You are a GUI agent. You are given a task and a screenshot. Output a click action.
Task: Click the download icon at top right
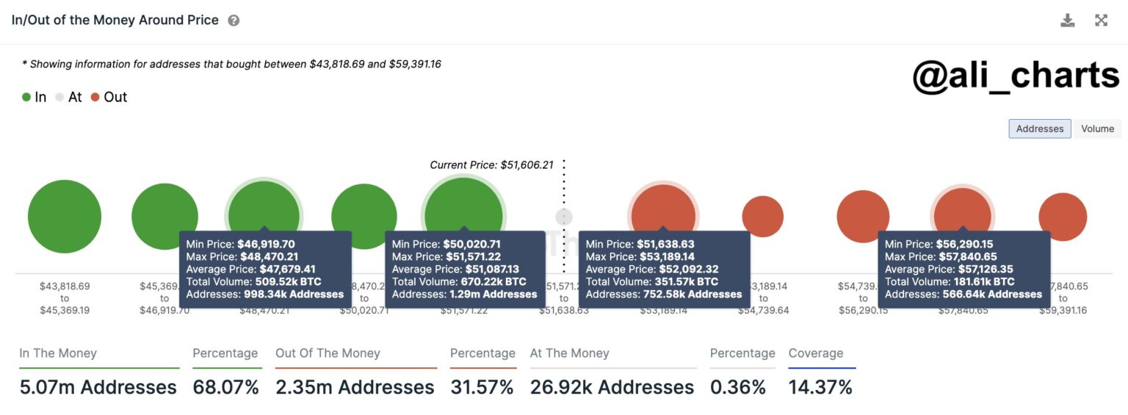1067,21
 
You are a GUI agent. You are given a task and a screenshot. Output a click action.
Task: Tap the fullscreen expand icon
1101,21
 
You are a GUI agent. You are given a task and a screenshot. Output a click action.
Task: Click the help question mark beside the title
234,21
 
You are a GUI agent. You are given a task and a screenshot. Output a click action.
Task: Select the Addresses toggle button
1039,129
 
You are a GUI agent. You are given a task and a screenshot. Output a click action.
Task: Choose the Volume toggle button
1097,129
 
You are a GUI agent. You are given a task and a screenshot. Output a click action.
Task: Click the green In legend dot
26,97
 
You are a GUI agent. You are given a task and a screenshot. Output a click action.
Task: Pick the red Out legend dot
95,97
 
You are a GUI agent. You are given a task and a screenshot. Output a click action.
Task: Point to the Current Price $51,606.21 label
491,165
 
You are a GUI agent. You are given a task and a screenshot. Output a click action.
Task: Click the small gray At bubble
563,217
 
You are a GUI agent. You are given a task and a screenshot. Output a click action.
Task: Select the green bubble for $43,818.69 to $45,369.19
65,217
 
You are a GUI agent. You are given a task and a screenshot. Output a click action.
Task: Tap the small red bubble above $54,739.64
763,217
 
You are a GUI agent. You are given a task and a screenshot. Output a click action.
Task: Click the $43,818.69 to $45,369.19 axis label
65,298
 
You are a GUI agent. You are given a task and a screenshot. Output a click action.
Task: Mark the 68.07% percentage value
225,387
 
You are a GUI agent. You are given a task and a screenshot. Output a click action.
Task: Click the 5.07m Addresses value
98,387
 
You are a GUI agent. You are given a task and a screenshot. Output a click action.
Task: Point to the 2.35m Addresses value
355,387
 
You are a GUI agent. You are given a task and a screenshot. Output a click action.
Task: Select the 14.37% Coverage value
820,387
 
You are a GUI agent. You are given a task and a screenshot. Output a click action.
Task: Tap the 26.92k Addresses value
612,387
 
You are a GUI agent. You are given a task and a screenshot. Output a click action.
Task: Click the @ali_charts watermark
1016,76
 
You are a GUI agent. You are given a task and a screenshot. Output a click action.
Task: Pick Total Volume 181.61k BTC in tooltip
950,281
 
